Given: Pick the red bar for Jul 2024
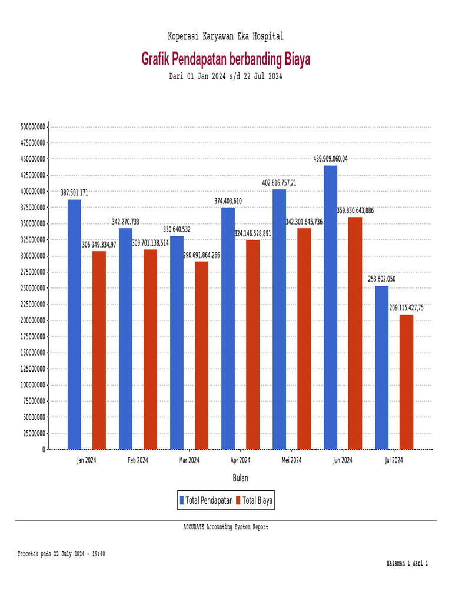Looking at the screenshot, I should tap(406, 382).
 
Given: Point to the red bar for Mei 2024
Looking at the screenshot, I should tap(304, 339).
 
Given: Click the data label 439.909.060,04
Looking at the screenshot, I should tap(330, 159).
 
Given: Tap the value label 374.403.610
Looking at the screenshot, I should tap(228, 201).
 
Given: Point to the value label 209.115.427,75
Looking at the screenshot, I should tap(406, 307).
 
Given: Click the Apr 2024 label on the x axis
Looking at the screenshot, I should tap(240, 460).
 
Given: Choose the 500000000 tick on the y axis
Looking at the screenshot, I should tap(33, 126).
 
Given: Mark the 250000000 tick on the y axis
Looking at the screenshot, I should tap(33, 288).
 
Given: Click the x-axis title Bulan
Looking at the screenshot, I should tap(240, 478).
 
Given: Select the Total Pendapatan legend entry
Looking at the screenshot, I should tap(209, 500).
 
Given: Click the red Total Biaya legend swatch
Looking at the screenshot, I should tap(238, 500).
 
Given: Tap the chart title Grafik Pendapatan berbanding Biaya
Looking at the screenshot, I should tap(225, 59).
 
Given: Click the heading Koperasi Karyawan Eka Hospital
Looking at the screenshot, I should tap(225, 36).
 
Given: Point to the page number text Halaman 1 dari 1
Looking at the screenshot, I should tap(407, 563).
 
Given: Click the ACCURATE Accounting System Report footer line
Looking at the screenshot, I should tap(225, 527).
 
